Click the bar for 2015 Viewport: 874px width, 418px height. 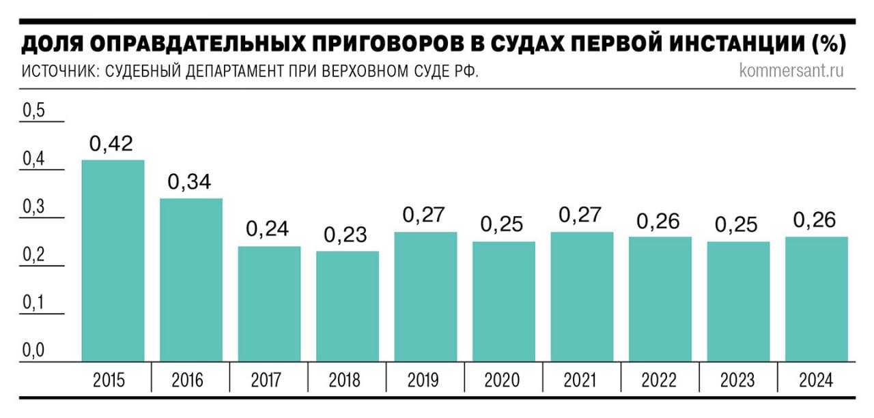[113, 260]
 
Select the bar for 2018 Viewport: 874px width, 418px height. [348, 306]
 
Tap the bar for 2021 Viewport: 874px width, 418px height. [582, 297]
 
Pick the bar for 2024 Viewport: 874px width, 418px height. [817, 299]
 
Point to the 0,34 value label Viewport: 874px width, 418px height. [190, 183]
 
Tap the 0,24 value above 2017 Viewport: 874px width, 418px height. [268, 230]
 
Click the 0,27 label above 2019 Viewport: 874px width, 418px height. [424, 215]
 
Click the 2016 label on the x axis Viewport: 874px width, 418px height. [190, 380]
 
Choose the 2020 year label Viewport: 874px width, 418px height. [503, 380]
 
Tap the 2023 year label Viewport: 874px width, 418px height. [737, 380]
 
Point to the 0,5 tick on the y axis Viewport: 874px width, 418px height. [33, 111]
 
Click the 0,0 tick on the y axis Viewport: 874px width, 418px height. [33, 351]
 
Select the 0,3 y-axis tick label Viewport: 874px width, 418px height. [33, 207]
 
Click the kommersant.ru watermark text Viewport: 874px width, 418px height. [791, 71]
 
